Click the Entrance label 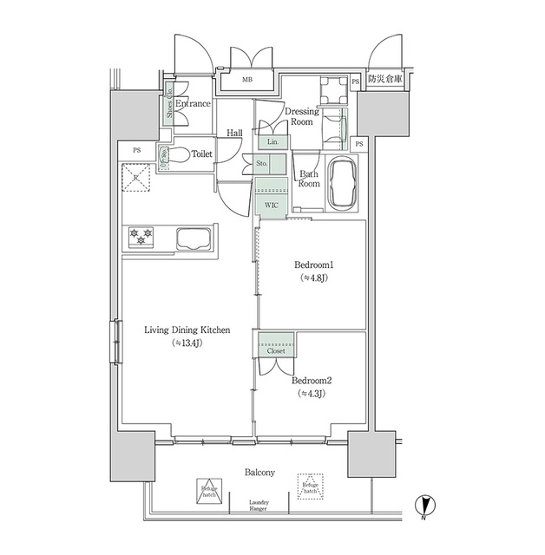(x=193, y=104)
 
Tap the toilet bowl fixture (x=178, y=156)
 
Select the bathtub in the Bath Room (x=341, y=183)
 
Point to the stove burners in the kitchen (x=141, y=234)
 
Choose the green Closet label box (x=275, y=351)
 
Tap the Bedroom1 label (x=312, y=264)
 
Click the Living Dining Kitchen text (x=187, y=330)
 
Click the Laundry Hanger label (x=259, y=506)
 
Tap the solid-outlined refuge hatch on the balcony (x=207, y=488)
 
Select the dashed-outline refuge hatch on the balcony (x=310, y=486)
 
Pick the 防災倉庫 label (x=384, y=81)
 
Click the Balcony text (x=259, y=473)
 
